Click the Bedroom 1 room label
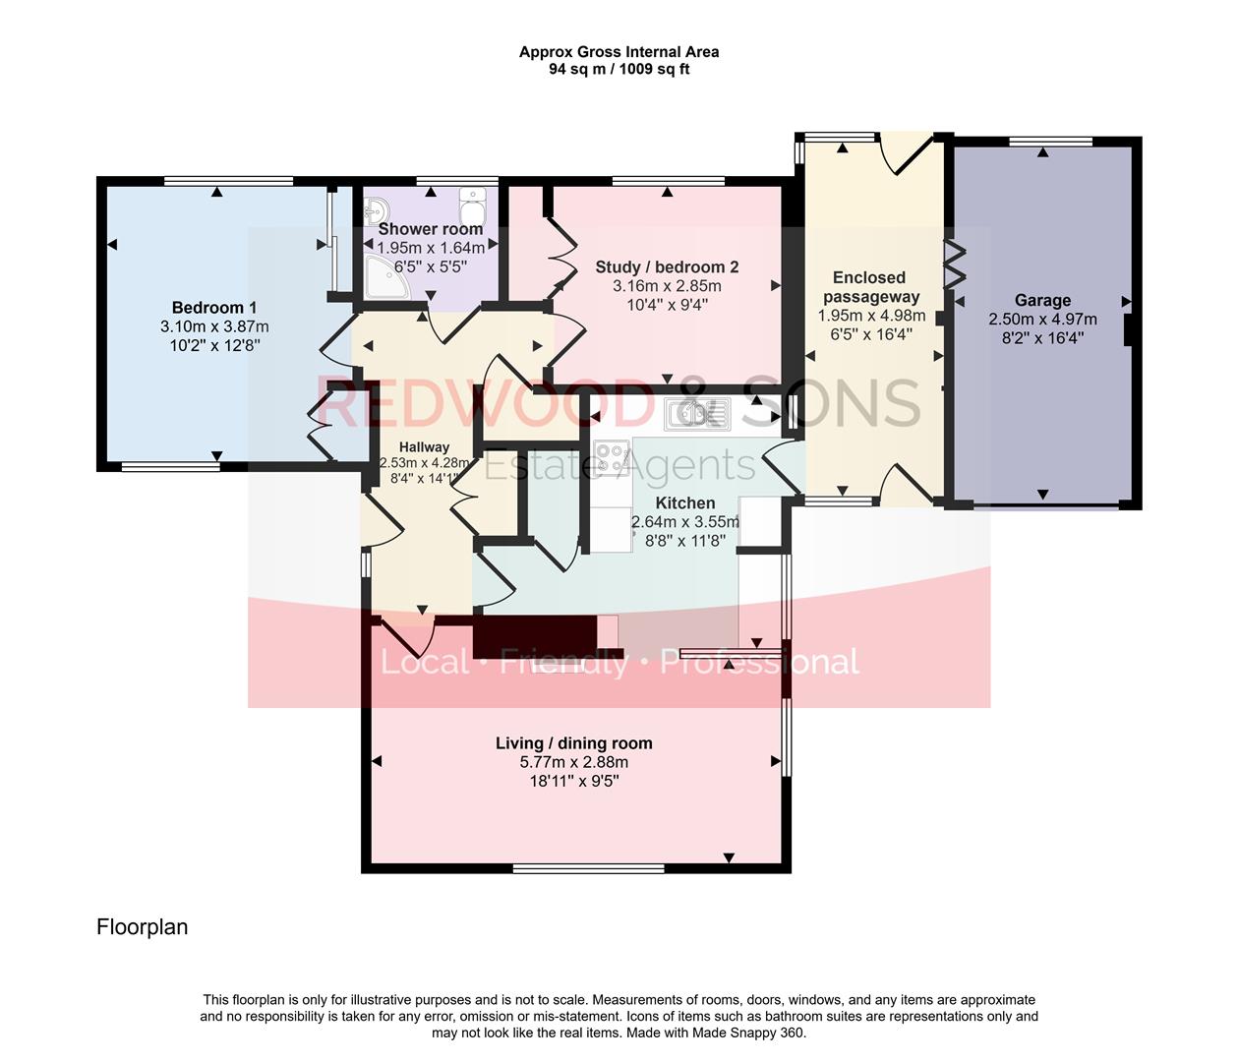(x=213, y=308)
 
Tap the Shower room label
(x=430, y=229)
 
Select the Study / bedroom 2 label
(x=667, y=267)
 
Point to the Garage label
(x=1042, y=301)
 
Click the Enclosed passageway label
(x=870, y=287)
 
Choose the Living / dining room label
(x=573, y=743)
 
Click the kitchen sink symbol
(x=696, y=413)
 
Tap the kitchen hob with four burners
(x=611, y=457)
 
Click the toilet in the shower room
(x=472, y=207)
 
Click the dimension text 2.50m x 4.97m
(x=1042, y=320)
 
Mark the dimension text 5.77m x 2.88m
(x=573, y=762)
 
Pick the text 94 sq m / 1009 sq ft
(x=619, y=70)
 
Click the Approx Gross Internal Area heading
(x=619, y=52)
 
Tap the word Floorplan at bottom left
(x=142, y=927)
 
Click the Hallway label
(x=424, y=446)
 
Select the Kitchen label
(x=684, y=503)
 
